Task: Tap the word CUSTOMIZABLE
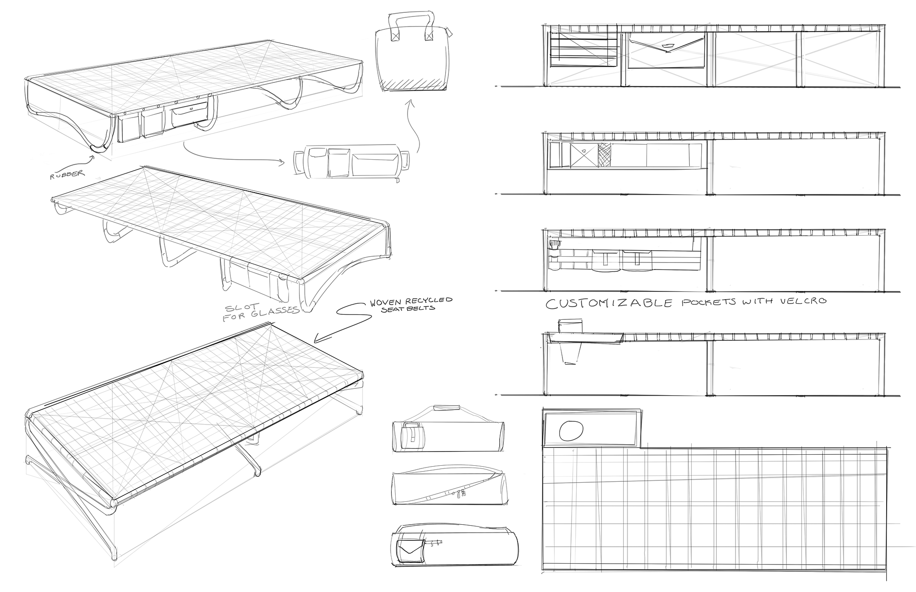(x=609, y=303)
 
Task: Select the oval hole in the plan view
(x=571, y=431)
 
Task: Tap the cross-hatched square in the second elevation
(x=605, y=155)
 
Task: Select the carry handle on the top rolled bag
(x=446, y=407)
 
